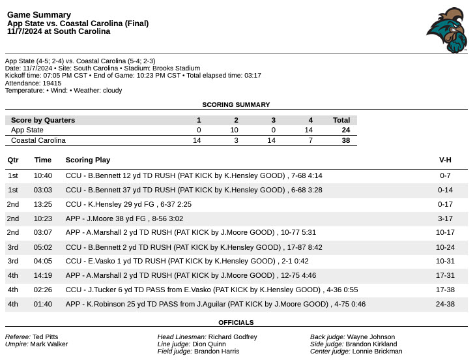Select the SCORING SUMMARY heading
[236, 104]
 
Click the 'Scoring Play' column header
[88, 160]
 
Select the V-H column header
[445, 160]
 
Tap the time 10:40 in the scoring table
[43, 176]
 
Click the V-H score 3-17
[445, 219]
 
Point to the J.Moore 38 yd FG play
[137, 219]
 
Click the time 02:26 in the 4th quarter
[43, 290]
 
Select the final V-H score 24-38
[445, 304]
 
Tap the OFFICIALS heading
[236, 322]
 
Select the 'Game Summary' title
[39, 14]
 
